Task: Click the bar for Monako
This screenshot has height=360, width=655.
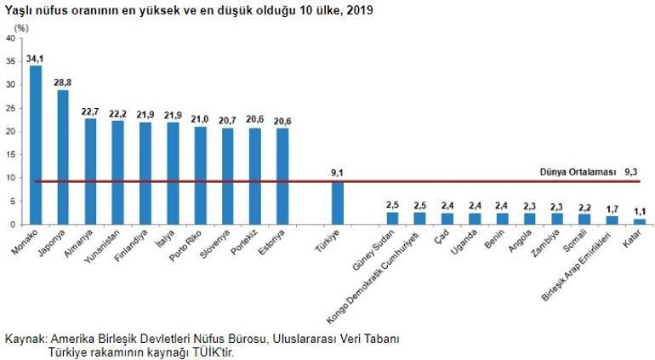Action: (x=36, y=145)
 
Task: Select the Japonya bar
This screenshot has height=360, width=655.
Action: (x=63, y=157)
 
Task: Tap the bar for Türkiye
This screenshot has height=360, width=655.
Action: (x=337, y=203)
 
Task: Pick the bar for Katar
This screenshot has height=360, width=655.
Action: (x=639, y=221)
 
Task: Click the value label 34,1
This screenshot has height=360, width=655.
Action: (x=36, y=59)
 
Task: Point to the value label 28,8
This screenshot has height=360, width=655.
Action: (x=63, y=83)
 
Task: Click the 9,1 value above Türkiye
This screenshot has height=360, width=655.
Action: (x=337, y=174)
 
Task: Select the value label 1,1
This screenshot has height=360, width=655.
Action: (x=639, y=211)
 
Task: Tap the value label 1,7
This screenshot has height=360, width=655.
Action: (x=612, y=209)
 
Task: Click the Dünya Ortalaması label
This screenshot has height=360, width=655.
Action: (x=577, y=171)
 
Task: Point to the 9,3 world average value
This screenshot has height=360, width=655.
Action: (x=630, y=171)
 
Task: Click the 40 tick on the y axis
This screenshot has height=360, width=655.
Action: (x=9, y=38)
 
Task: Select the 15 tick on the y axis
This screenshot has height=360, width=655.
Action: (x=9, y=154)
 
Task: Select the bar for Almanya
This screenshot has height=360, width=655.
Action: (x=90, y=171)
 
